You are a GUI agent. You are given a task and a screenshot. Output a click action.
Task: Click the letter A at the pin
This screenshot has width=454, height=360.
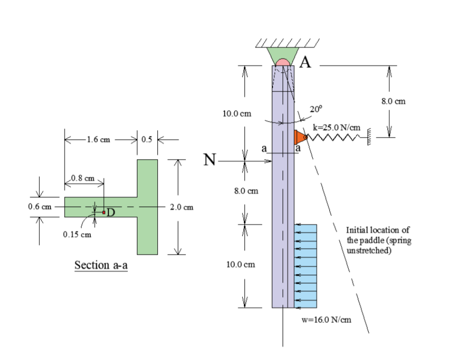tap(305, 62)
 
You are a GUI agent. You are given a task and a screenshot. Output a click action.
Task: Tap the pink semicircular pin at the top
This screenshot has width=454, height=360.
tap(283, 63)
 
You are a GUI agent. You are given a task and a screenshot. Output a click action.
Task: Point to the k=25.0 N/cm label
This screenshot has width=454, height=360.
tap(336, 127)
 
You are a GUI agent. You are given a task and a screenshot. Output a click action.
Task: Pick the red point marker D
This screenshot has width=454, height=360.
tap(103, 212)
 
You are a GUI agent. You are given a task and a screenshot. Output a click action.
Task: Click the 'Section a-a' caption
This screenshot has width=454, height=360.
tap(100, 265)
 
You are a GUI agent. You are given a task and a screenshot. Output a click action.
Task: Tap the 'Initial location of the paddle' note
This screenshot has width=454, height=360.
tap(377, 241)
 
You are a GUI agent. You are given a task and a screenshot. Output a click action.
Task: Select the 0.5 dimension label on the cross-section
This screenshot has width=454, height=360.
tap(148, 139)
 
